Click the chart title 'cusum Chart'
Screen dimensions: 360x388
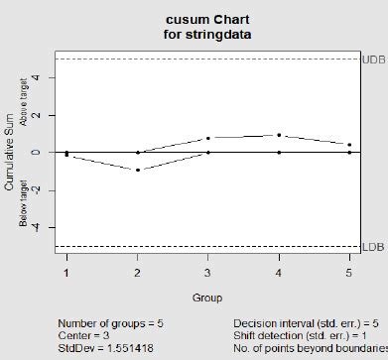click(207, 20)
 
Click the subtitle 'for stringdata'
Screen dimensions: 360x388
click(207, 34)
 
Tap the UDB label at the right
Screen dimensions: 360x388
click(374, 60)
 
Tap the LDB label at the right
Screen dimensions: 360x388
click(374, 247)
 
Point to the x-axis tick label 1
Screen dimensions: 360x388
click(66, 272)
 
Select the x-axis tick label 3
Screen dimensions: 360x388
click(207, 272)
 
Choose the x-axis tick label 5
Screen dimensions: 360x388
click(348, 272)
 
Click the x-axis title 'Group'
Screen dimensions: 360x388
click(207, 298)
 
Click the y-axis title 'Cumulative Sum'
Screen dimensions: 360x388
click(9, 153)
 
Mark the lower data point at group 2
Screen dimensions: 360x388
click(137, 170)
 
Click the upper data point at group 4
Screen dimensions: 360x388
click(279, 135)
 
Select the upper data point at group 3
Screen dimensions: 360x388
click(208, 138)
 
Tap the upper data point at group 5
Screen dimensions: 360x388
click(348, 145)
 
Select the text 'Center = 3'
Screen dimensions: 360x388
click(82, 336)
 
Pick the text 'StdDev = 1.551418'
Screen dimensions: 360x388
click(103, 349)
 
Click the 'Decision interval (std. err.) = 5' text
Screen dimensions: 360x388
click(306, 323)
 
